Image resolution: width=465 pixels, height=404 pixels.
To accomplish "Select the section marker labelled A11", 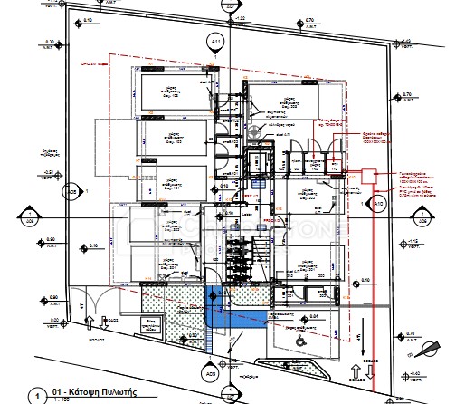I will click(x=215, y=42).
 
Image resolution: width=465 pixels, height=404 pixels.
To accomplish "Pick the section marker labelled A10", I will click(x=379, y=207).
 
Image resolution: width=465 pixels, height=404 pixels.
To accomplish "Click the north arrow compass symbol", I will click(x=439, y=345).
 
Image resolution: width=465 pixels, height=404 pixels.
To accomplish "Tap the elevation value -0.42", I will click(x=415, y=372).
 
